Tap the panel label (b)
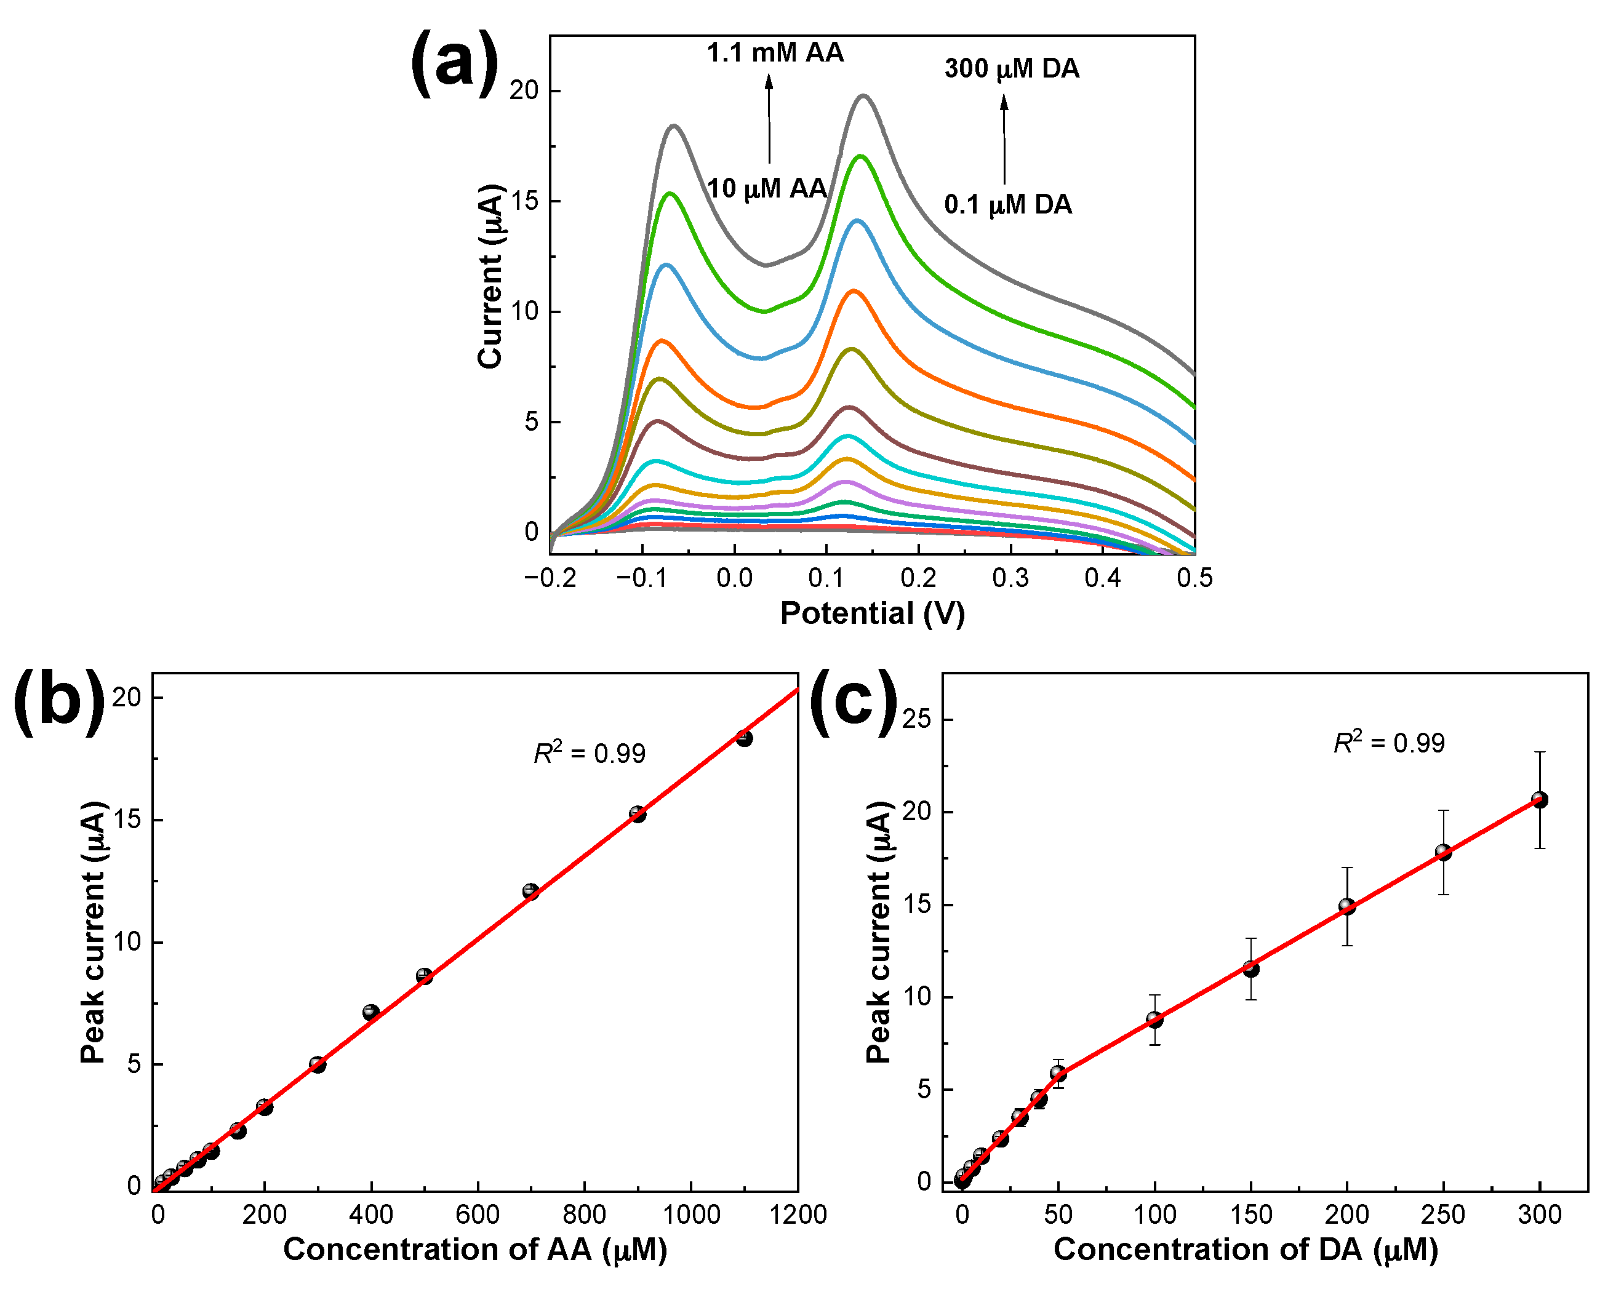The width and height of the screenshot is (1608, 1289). pos(60,701)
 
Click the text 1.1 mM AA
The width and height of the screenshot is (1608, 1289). pos(775,53)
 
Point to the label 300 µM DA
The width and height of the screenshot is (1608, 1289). pos(1011,68)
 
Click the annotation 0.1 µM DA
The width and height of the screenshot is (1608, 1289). pos(1007,204)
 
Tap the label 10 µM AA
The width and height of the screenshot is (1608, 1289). pos(767,189)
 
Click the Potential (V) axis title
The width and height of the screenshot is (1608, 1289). pos(872,613)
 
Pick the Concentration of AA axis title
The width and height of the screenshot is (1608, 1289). pos(475,1249)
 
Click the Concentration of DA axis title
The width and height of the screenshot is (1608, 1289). pos(1246,1249)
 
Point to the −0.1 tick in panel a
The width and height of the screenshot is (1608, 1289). pos(642,578)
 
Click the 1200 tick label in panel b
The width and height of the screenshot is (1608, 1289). pos(798,1215)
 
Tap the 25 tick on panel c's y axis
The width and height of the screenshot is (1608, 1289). pos(917,719)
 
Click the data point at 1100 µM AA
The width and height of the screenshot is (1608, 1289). pos(743,738)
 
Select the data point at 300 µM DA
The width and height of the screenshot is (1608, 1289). pos(1539,800)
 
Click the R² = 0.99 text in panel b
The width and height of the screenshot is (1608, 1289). pos(589,753)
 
